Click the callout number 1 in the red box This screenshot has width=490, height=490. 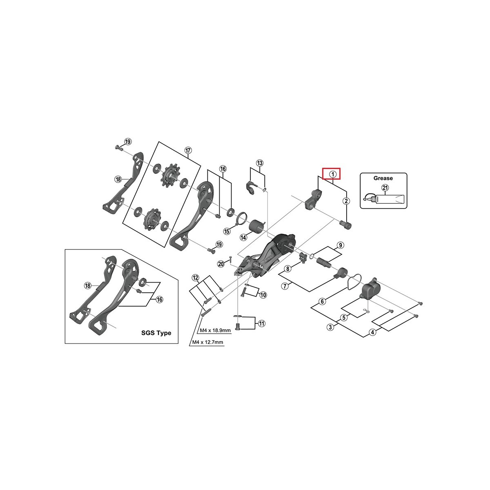(x=332, y=174)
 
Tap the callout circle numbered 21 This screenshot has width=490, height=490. (x=385, y=188)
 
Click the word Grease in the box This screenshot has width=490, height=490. (x=383, y=178)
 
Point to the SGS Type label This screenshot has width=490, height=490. (x=156, y=333)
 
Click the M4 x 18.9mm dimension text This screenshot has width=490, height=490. (x=215, y=331)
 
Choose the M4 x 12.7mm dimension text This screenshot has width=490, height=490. (x=207, y=342)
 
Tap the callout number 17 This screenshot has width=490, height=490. (x=188, y=151)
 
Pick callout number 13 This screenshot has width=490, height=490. (x=260, y=163)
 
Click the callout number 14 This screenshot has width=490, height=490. (x=243, y=237)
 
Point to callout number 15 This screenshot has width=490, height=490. (x=227, y=231)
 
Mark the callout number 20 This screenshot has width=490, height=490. (x=221, y=264)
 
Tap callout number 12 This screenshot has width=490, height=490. (x=195, y=278)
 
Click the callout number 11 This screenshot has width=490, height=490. (x=262, y=323)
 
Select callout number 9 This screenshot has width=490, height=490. (x=340, y=245)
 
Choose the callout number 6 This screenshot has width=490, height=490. (x=322, y=301)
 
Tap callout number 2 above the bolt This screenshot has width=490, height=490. (x=346, y=201)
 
